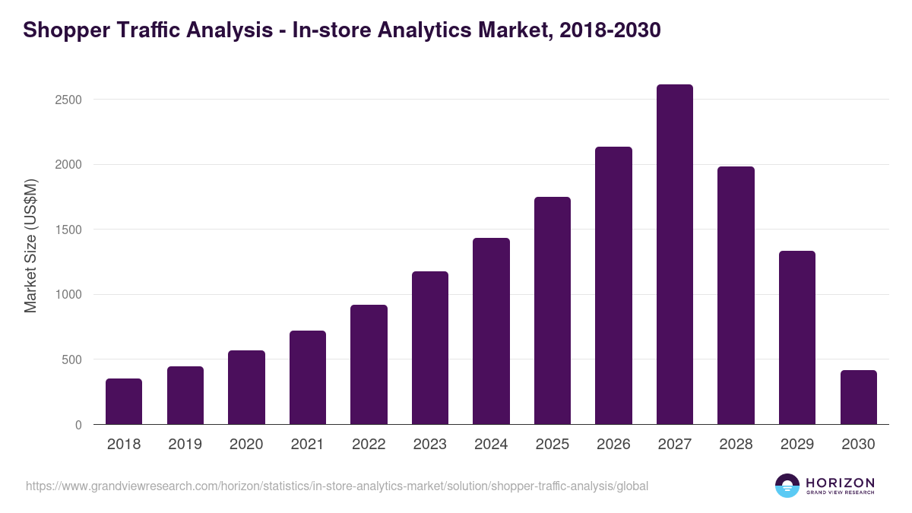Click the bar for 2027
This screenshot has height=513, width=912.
click(x=675, y=255)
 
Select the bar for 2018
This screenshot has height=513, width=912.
click(x=124, y=401)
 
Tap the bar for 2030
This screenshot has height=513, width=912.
click(x=859, y=397)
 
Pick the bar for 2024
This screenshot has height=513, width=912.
click(x=491, y=331)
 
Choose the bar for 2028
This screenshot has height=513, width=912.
click(x=736, y=296)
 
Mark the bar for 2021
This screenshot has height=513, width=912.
click(x=308, y=378)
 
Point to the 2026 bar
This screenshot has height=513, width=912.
click(x=613, y=286)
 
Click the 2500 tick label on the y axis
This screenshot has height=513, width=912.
click(x=68, y=100)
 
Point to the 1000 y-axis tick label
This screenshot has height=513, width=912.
click(x=68, y=295)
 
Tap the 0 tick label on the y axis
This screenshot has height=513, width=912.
click(x=78, y=425)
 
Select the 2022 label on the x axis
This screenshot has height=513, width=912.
click(x=369, y=445)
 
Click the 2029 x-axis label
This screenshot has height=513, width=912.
click(x=797, y=445)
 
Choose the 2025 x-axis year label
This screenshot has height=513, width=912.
click(x=553, y=445)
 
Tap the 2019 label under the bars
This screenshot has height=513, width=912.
click(x=185, y=445)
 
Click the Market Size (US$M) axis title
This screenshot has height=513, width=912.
click(x=30, y=245)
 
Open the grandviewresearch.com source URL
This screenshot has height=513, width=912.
click(x=337, y=486)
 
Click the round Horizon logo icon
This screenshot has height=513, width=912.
click(x=787, y=486)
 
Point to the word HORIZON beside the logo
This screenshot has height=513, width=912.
click(x=840, y=483)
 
